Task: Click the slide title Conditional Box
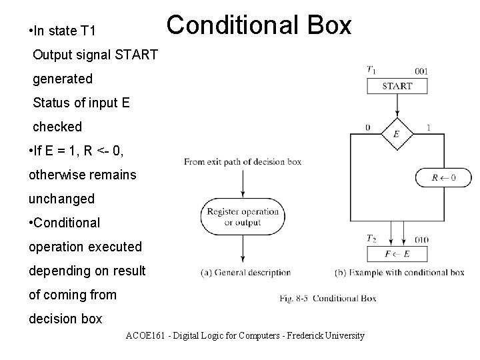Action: click(259, 26)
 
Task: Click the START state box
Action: click(397, 86)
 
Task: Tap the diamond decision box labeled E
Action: click(397, 133)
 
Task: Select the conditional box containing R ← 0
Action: click(444, 177)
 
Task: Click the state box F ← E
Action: click(397, 253)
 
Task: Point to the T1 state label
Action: click(371, 69)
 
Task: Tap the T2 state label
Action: click(371, 238)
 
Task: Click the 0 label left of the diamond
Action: click(368, 127)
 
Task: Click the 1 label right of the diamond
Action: click(427, 127)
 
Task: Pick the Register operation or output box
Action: click(243, 217)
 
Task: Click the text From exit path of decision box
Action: click(243, 161)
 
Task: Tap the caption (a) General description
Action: click(245, 272)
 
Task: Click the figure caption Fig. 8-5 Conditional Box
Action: click(328, 298)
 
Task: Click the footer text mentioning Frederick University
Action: click(245, 335)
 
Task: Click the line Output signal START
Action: click(95, 55)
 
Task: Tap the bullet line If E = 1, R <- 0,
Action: click(76, 151)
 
